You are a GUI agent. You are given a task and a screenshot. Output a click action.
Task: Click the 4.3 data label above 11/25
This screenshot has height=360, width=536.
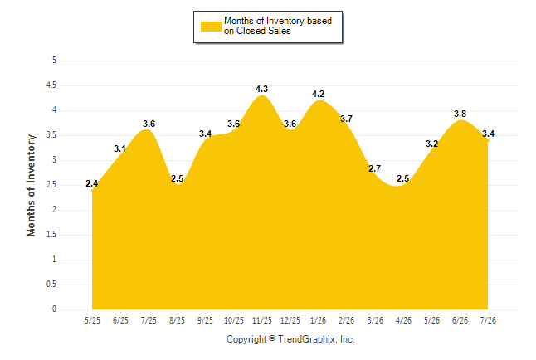click(261, 89)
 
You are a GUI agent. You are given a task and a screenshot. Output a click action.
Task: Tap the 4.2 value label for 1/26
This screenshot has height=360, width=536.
click(318, 94)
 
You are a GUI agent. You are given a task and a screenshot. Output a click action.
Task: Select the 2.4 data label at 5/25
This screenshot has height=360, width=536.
click(91, 183)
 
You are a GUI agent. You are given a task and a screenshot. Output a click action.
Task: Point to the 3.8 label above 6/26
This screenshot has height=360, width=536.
click(460, 114)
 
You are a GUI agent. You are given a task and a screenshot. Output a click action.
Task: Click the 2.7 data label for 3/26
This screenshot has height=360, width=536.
click(375, 168)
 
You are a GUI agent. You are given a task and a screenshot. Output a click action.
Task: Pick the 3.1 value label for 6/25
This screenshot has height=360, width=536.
click(119, 148)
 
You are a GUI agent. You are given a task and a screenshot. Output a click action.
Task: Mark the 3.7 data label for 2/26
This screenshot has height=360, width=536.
click(346, 119)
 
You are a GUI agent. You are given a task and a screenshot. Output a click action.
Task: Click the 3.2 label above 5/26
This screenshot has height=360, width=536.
click(431, 144)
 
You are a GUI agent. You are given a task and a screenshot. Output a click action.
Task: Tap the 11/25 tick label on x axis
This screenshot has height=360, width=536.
click(262, 320)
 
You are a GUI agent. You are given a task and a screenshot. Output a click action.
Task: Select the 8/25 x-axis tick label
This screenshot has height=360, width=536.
click(177, 320)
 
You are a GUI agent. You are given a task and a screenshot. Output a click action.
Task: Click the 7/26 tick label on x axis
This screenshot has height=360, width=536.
click(488, 320)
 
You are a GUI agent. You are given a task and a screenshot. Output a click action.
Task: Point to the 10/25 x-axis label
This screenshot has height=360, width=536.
click(234, 320)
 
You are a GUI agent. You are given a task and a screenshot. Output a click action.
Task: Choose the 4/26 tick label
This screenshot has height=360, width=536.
click(403, 320)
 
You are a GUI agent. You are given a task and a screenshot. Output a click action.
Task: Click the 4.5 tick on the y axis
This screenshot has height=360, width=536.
click(51, 85)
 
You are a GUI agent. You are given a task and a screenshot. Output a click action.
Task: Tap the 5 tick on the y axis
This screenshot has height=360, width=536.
click(54, 61)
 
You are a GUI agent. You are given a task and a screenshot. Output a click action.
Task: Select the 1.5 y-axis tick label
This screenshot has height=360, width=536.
click(51, 235)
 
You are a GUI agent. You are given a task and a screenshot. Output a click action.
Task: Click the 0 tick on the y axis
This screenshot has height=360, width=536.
click(54, 309)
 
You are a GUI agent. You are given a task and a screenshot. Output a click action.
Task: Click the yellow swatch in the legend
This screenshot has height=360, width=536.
click(211, 27)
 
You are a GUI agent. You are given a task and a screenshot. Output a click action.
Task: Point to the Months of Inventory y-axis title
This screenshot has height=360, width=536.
click(31, 185)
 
